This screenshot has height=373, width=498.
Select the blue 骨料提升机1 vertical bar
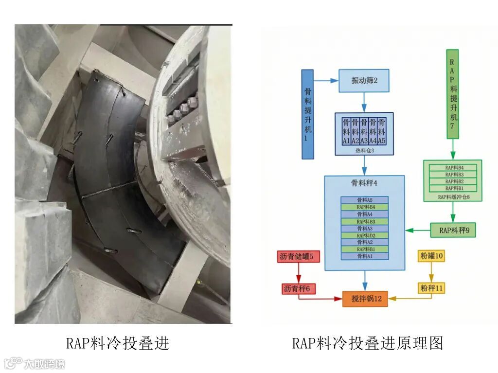coord(307,114)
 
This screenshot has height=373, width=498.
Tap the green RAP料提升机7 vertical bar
coord(452,93)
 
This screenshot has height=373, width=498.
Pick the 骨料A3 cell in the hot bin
coord(364,131)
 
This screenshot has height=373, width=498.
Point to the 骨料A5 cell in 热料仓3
coord(382,131)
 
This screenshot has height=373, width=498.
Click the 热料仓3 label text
coord(364,151)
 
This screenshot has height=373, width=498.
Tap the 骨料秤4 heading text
coord(364,184)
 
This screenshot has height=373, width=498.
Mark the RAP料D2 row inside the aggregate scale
coord(364,235)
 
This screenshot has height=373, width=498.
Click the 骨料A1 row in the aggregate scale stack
coord(364,256)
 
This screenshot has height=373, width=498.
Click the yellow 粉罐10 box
coord(431,256)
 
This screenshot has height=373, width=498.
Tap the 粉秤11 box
coord(431,288)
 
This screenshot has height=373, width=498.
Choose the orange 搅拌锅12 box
coord(365,298)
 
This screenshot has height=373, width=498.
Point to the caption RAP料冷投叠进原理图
coord(368,343)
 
